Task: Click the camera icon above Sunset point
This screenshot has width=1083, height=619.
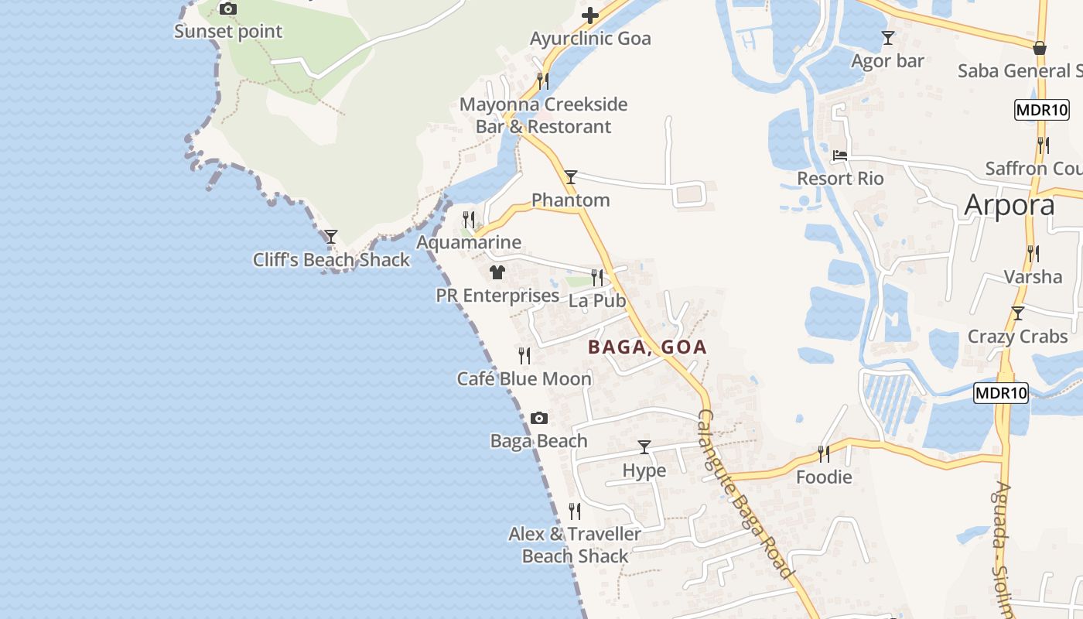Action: tap(227, 9)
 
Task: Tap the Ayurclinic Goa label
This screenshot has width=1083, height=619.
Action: tap(590, 39)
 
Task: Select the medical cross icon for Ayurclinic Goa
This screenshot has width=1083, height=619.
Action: tap(590, 15)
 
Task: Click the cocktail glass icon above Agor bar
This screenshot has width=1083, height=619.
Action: tap(888, 38)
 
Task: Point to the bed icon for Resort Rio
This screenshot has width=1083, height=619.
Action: tap(840, 156)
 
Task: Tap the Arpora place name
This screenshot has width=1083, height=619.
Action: tap(1010, 206)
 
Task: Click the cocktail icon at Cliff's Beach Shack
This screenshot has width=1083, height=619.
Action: tap(331, 237)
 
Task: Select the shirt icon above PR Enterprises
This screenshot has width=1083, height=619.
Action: tap(497, 272)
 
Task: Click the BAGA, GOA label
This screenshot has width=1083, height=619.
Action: tap(647, 347)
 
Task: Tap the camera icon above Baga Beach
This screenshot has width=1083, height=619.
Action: tap(539, 419)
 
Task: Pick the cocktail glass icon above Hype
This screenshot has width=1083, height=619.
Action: tap(644, 447)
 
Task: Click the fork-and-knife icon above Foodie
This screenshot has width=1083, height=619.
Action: tap(824, 453)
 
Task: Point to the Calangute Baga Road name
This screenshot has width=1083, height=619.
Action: tap(744, 494)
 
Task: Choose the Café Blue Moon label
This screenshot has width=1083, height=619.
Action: tap(524, 379)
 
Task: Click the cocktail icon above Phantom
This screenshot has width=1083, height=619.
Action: tap(571, 177)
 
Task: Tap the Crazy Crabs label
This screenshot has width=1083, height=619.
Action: tap(1017, 337)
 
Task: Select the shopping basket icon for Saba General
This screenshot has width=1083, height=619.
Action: tap(1040, 48)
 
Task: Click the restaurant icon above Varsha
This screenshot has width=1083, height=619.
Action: tap(1033, 253)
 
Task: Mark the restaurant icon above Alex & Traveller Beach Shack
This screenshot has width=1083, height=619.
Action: tap(575, 511)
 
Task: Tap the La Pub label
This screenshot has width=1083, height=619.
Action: tap(596, 301)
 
